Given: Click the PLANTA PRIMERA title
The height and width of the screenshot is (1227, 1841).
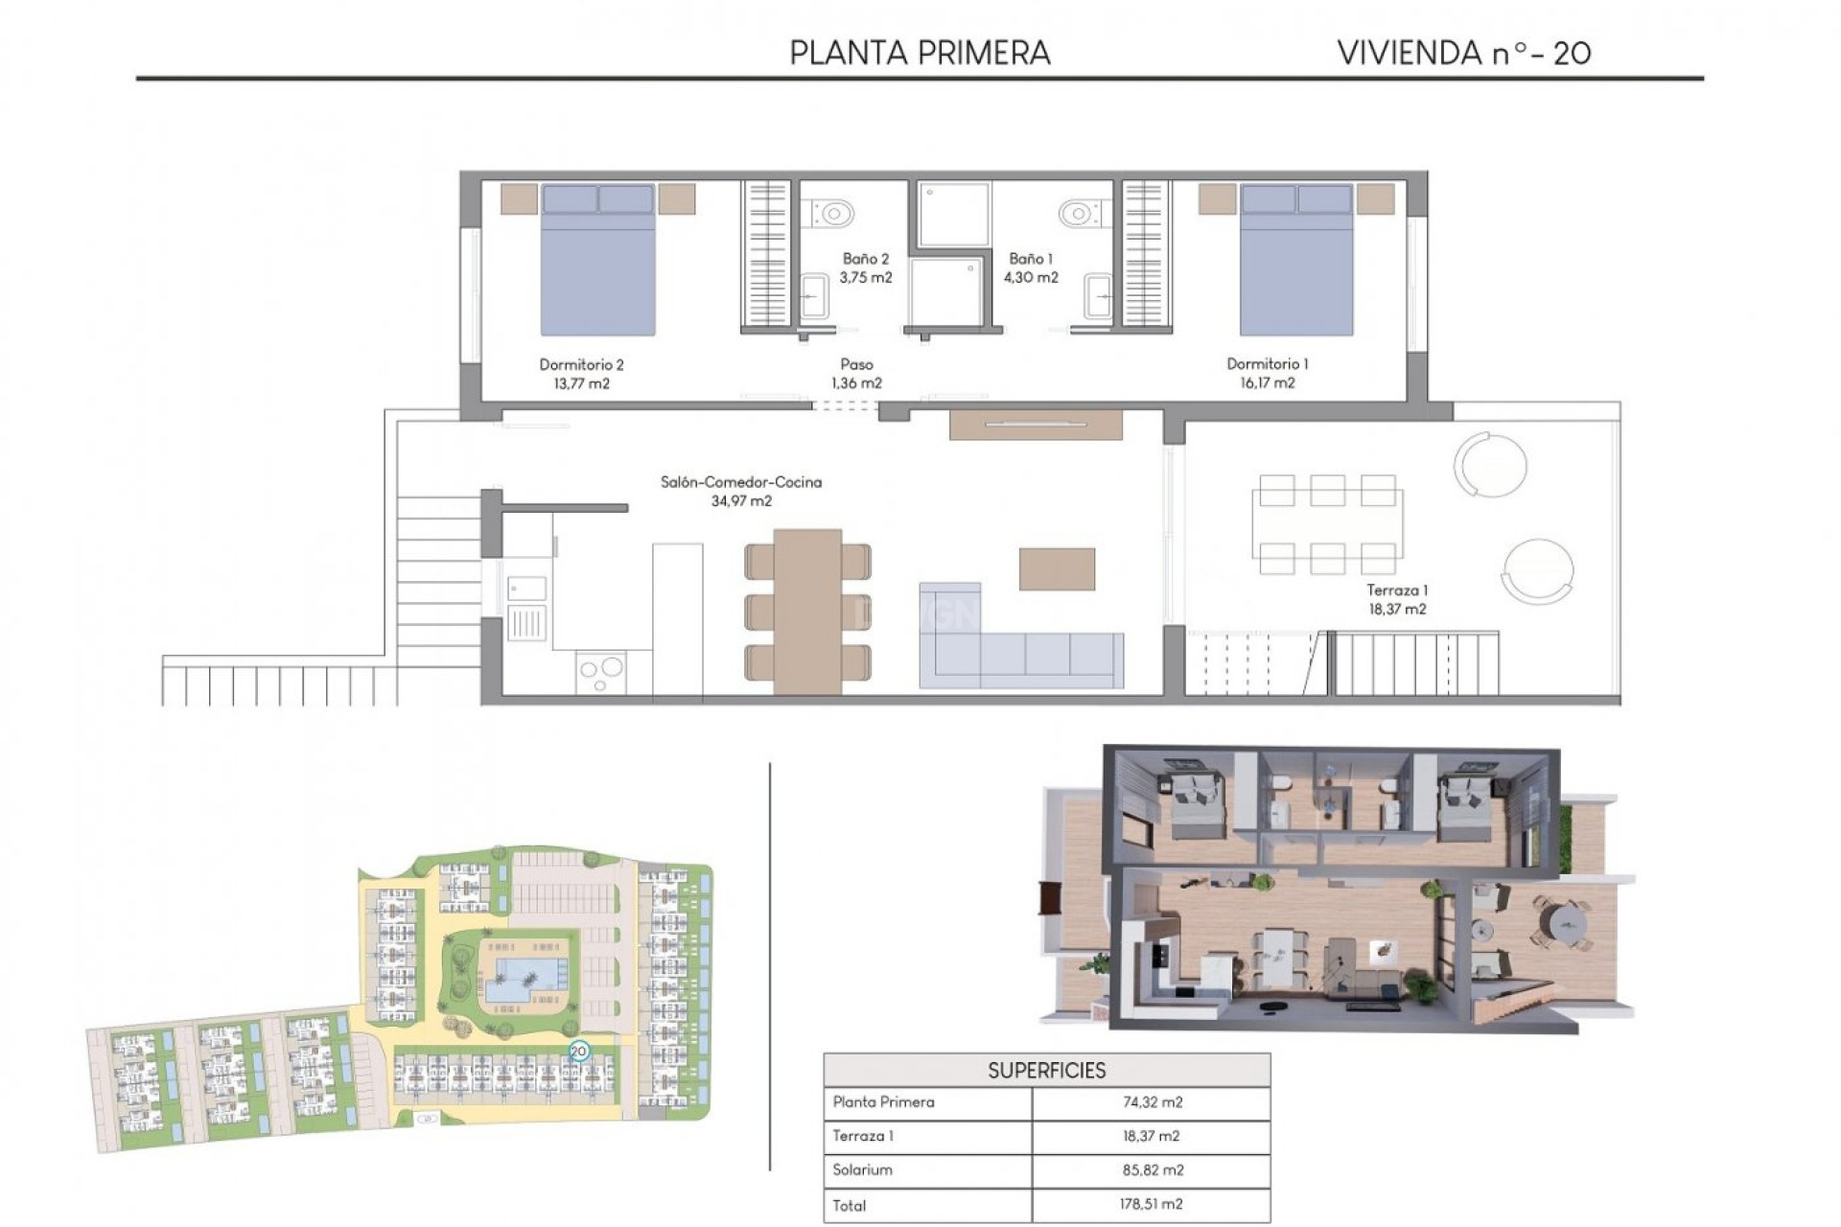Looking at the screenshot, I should pyautogui.click(x=920, y=53).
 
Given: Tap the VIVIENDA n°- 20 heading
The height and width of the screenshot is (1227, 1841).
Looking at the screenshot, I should pyautogui.click(x=1463, y=53).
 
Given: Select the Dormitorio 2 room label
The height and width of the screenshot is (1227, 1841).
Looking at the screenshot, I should pyautogui.click(x=581, y=364).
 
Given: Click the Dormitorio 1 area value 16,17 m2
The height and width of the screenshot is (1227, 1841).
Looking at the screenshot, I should pyautogui.click(x=1267, y=382).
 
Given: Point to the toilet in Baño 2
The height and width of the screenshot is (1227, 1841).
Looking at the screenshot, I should pyautogui.click(x=830, y=212).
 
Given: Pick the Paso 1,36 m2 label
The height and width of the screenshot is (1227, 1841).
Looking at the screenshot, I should pyautogui.click(x=856, y=374).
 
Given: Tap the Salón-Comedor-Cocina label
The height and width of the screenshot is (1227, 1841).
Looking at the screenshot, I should pyautogui.click(x=741, y=482).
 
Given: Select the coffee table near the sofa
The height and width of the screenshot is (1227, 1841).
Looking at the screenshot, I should pyautogui.click(x=1057, y=568).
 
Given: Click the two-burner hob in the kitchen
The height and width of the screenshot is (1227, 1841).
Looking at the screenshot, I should pyautogui.click(x=601, y=671).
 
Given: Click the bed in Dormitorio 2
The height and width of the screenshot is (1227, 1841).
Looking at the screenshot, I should pyautogui.click(x=598, y=261).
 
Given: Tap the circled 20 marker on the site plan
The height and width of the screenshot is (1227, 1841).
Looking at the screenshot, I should pyautogui.click(x=578, y=1051).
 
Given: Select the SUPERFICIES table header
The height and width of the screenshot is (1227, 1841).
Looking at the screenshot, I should pyautogui.click(x=1046, y=1070).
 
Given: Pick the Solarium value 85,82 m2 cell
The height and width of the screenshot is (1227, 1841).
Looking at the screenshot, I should pyautogui.click(x=1152, y=1169).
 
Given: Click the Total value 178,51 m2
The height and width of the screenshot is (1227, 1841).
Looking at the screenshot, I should pyautogui.click(x=1152, y=1204).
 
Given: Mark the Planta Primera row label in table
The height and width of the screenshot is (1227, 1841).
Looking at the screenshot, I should pyautogui.click(x=883, y=1102).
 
